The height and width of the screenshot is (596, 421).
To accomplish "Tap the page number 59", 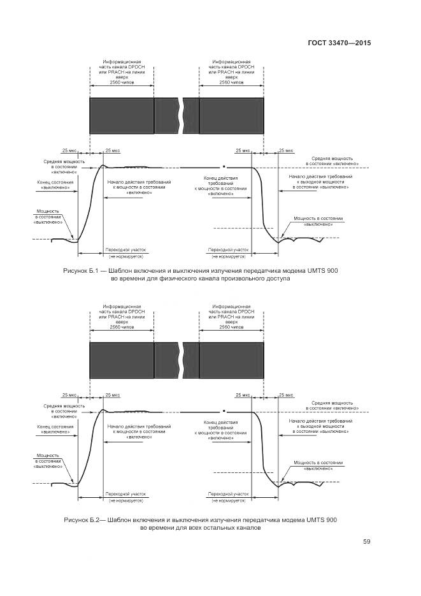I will [x=366, y=542].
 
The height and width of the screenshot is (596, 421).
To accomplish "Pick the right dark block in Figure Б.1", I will [x=231, y=115].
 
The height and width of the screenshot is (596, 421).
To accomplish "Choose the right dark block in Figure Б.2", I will [x=231, y=361].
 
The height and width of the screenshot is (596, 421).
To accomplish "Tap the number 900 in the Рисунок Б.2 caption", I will [x=331, y=520].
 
